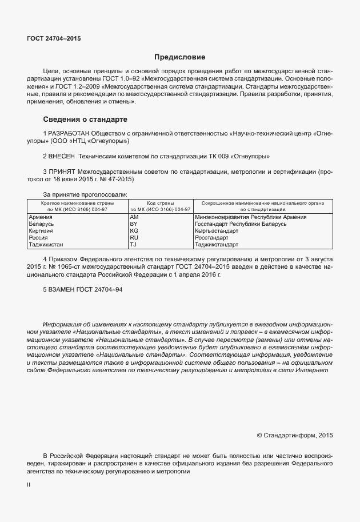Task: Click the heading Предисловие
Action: pos(180,57)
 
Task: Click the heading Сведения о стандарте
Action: pos(85,119)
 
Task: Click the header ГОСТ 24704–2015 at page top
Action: pos(54,38)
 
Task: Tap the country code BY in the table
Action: pos(134,224)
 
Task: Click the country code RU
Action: pos(134,237)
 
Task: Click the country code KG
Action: pos(134,231)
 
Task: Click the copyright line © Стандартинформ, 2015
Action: pos(294,435)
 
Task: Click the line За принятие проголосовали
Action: pos(85,194)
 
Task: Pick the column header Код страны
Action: pos(160,203)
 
